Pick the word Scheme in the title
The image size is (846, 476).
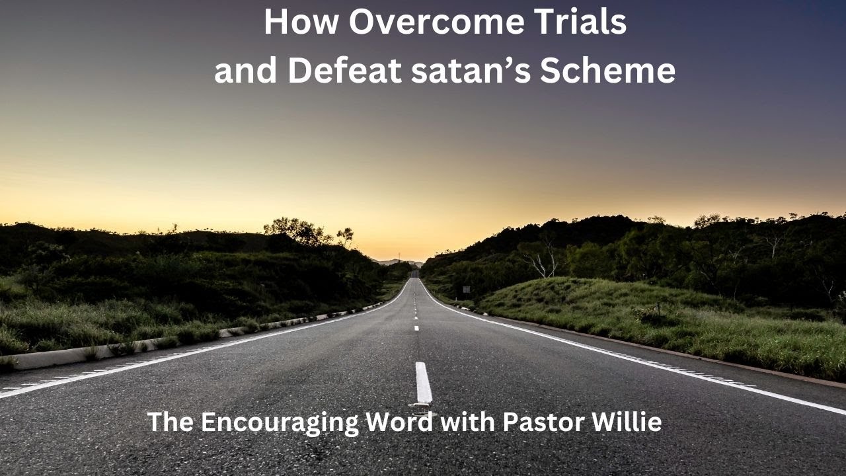tap(607, 71)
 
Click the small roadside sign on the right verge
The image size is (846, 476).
tap(467, 289)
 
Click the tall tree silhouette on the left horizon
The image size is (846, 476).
tap(297, 231)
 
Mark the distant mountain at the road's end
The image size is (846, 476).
tap(397, 262)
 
